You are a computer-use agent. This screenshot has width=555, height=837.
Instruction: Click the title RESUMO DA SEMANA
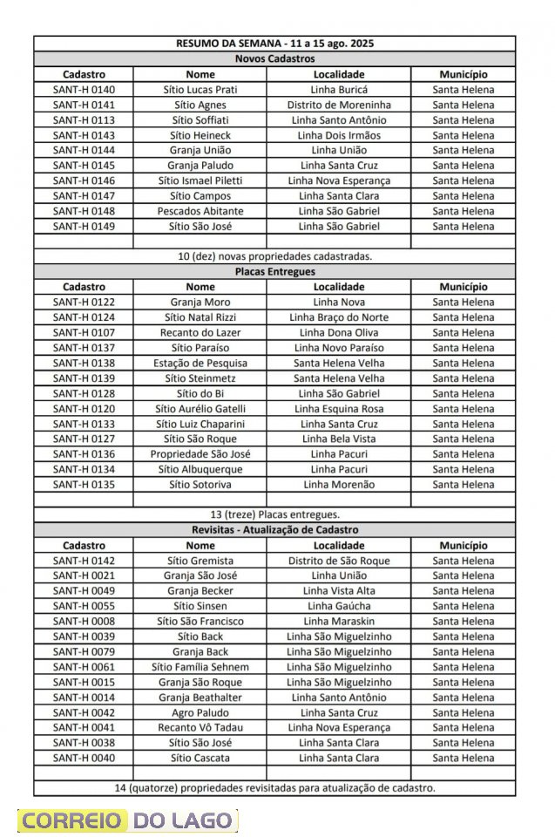coord(274,44)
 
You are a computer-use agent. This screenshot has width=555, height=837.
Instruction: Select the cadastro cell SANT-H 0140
coord(84,90)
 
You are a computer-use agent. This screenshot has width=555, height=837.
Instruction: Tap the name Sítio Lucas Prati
coord(200,90)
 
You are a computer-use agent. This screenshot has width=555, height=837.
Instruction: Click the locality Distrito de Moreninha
coord(339,105)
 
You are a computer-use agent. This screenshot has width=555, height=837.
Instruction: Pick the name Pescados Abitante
coord(200,211)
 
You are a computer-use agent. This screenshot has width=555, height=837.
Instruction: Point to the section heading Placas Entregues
coord(274,272)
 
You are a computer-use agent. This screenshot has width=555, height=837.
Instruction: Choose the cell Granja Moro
coord(200,302)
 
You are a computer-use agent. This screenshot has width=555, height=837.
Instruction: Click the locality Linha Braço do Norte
coord(339,317)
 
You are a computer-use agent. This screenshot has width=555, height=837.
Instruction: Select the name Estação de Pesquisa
coord(200,363)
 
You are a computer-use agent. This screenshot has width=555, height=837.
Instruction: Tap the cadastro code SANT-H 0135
coord(84,484)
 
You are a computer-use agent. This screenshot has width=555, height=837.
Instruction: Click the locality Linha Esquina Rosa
coord(339,408)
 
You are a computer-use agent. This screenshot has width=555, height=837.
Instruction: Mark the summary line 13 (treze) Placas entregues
coord(274,514)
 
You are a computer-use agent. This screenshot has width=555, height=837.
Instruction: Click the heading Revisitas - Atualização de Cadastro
coord(274,530)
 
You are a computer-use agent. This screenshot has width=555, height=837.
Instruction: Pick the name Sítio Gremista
coord(200,561)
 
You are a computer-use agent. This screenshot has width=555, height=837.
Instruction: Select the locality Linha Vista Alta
coord(339,591)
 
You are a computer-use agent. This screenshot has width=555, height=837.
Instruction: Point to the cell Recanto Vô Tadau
coord(200,727)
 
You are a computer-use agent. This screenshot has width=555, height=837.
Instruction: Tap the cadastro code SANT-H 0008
coord(84,621)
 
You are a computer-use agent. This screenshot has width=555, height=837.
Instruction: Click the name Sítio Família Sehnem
coord(200,667)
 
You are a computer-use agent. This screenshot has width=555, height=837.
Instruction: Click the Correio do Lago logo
coord(127,820)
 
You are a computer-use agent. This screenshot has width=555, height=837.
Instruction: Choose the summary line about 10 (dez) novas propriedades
coord(274,256)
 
